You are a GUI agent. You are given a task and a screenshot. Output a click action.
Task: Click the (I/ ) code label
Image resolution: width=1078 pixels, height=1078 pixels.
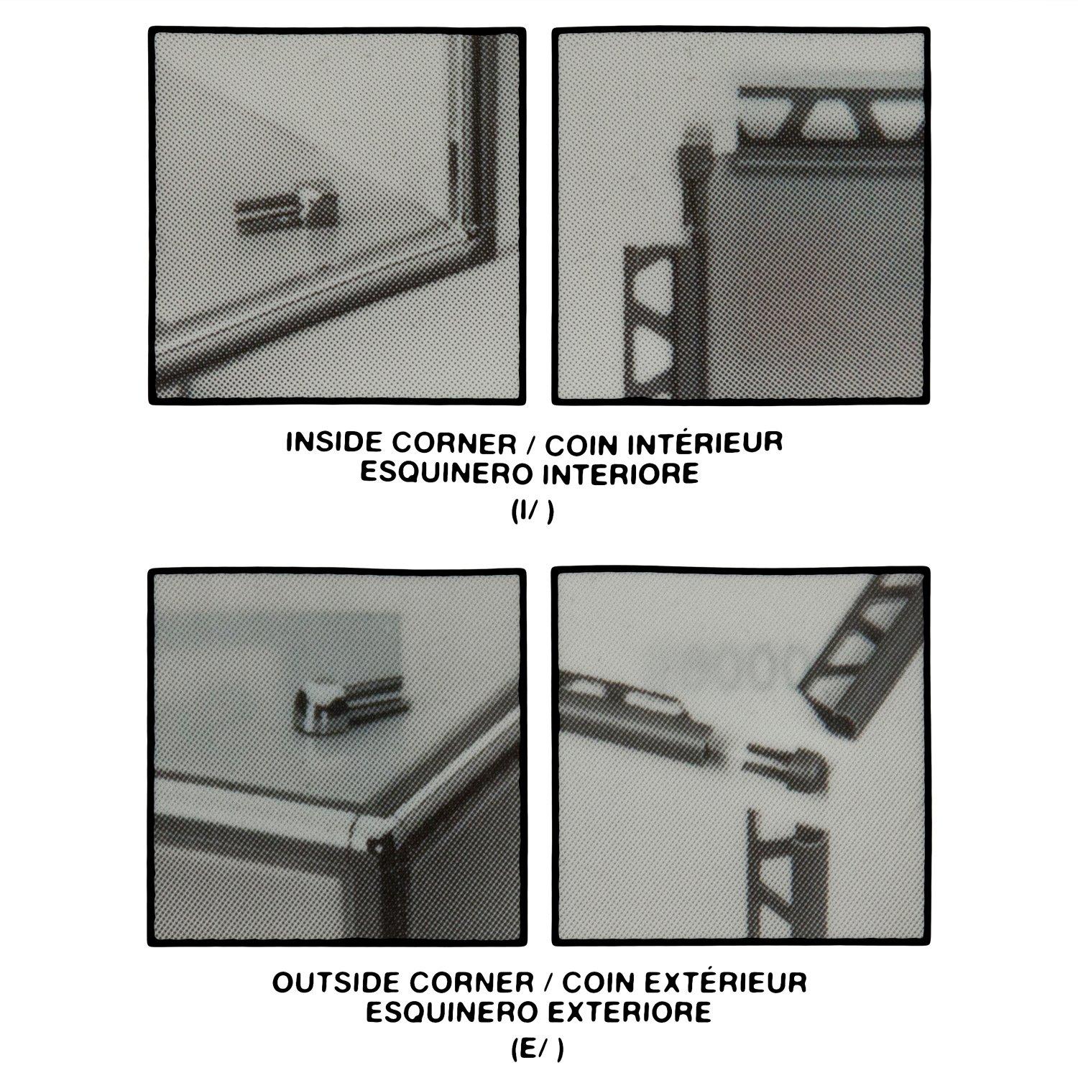point(533,513)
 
